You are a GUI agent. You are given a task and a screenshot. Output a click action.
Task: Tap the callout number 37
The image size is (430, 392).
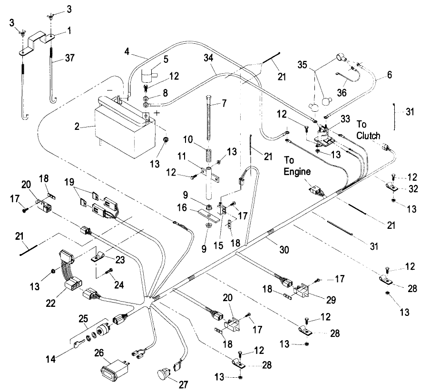pyautogui.click(x=69, y=58)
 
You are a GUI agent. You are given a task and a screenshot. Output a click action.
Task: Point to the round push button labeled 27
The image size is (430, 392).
pyautogui.click(x=163, y=375)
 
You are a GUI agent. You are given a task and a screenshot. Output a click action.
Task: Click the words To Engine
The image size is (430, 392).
pyautogui.click(x=297, y=166)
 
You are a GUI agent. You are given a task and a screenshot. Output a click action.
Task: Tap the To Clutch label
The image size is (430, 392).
pyautogui.click(x=368, y=130)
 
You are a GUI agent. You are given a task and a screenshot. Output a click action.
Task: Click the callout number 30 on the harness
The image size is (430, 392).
pyautogui.click(x=284, y=250)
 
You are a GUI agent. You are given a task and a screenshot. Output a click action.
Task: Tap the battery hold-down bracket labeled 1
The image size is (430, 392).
pyautogui.click(x=37, y=43)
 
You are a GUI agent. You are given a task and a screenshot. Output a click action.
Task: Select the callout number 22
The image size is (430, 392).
pyautogui.click(x=51, y=303)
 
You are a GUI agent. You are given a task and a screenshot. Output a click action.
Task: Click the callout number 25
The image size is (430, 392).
pyautogui.click(x=83, y=318)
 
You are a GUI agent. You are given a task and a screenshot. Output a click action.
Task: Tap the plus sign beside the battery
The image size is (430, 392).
pyautogui.click(x=157, y=113)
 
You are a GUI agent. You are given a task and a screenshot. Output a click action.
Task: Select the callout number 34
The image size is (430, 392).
pyautogui.click(x=209, y=58)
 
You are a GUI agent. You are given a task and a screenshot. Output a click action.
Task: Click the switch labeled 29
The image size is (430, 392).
pyautogui.click(x=301, y=290)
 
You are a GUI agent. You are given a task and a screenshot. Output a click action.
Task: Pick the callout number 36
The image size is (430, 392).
pyautogui.click(x=342, y=93)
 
